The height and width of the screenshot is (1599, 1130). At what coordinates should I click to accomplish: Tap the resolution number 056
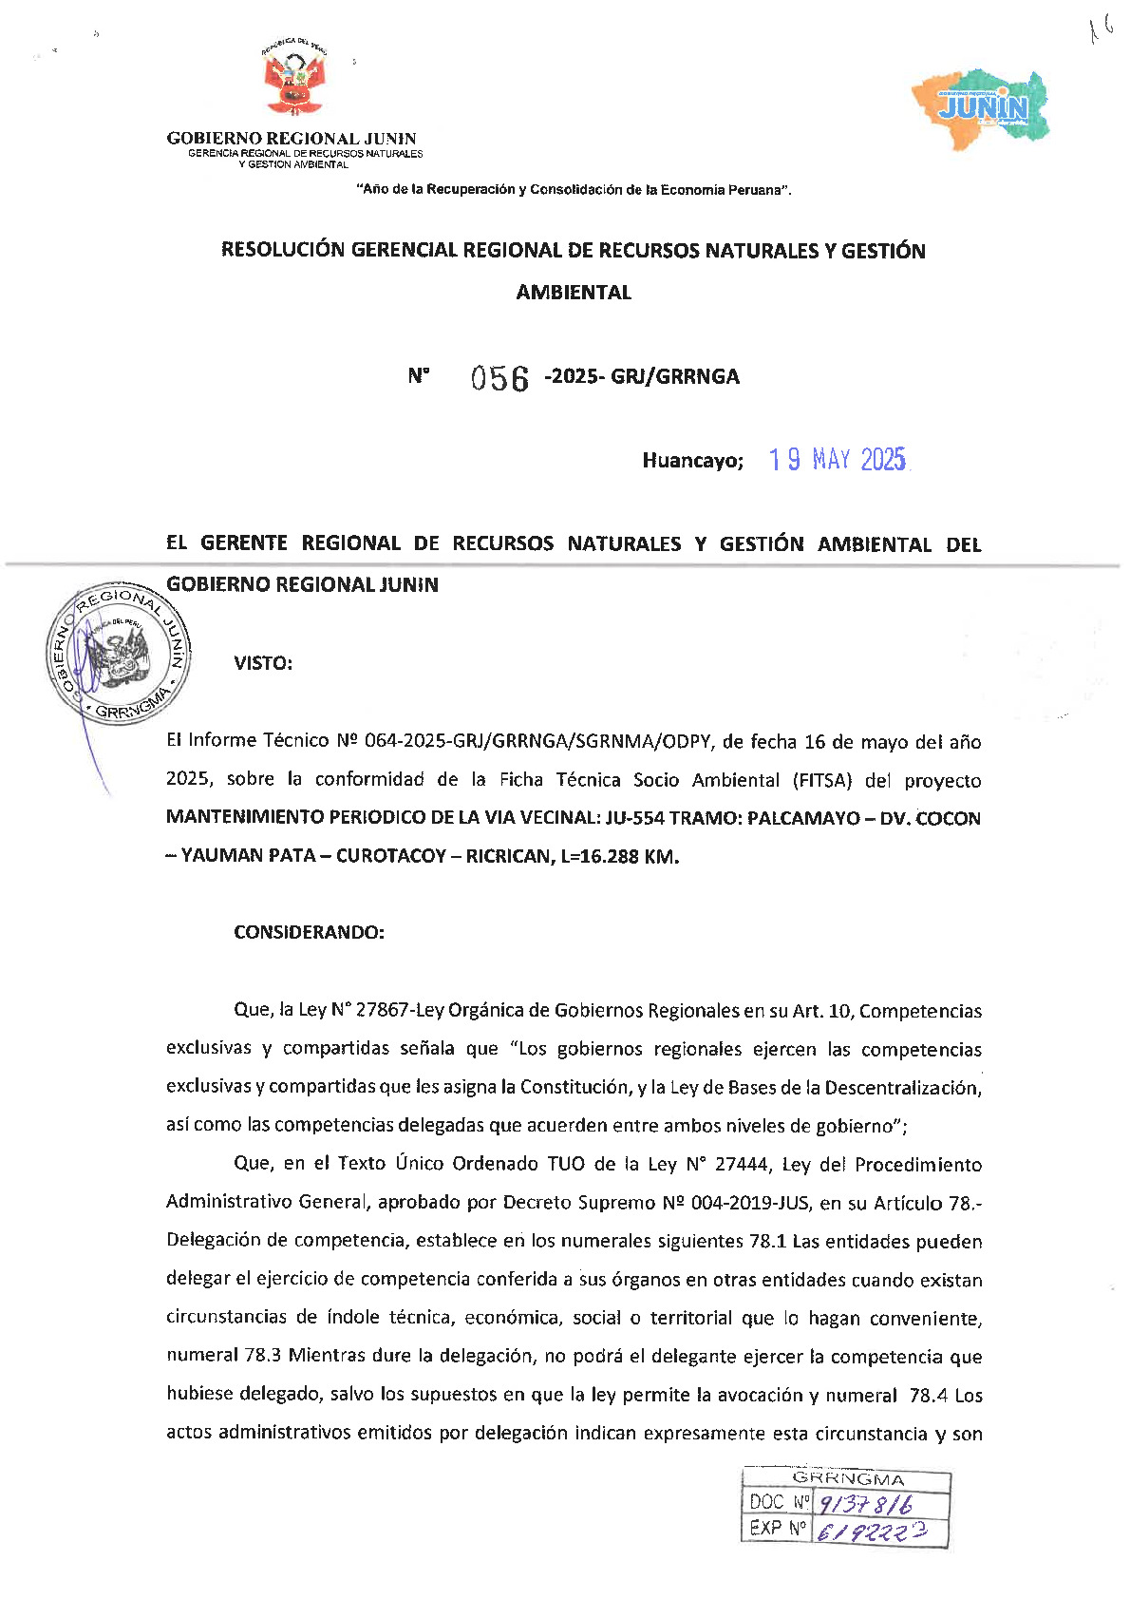[x=499, y=378]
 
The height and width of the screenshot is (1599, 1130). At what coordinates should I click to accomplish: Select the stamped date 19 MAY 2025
[x=838, y=460]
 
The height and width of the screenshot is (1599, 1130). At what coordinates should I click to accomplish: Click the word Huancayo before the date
[x=692, y=461]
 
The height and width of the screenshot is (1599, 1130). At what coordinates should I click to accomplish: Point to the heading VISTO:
[x=263, y=663]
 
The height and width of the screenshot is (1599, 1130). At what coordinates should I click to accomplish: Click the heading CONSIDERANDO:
[x=309, y=932]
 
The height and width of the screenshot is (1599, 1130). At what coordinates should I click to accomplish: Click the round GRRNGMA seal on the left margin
[x=118, y=651]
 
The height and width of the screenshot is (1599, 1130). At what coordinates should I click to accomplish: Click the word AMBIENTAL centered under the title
[x=574, y=293]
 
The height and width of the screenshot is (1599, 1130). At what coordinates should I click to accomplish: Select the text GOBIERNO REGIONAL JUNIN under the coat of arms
[x=292, y=139]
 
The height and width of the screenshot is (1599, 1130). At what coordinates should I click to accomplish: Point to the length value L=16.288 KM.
[x=620, y=856]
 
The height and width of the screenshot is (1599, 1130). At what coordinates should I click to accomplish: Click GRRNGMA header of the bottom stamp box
[x=848, y=1479]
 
